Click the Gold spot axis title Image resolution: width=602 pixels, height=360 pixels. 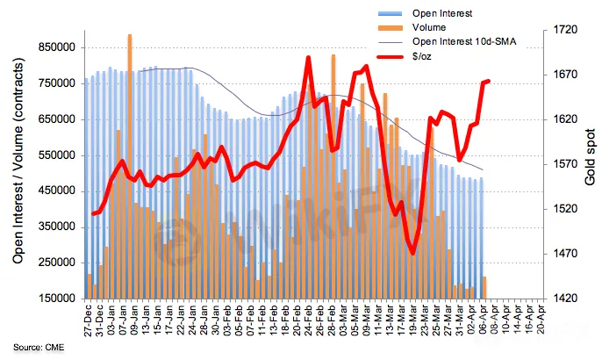(591, 162)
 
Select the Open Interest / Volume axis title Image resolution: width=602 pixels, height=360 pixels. (18, 162)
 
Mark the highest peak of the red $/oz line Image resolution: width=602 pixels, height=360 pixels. (309, 58)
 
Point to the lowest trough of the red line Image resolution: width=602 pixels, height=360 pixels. (413, 254)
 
